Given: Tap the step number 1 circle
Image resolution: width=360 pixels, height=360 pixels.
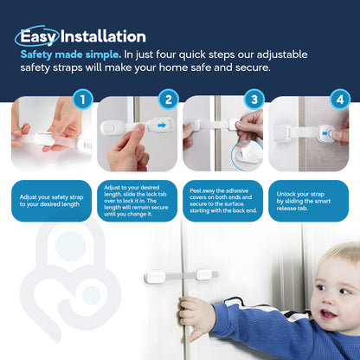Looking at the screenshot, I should coord(82,100).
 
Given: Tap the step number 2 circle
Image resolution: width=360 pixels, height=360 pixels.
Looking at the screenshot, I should coord(170,100).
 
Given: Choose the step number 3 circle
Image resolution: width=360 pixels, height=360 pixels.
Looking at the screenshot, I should coord(254,100).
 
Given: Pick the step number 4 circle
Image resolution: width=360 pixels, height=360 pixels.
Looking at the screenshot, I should coord(339,100).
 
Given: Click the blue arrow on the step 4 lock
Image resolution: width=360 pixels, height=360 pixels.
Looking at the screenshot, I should coord(329,132).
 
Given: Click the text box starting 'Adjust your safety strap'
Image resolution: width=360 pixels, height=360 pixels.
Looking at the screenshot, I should coord(51,201).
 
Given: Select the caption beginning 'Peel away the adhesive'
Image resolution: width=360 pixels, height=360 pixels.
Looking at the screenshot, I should coord(222,201).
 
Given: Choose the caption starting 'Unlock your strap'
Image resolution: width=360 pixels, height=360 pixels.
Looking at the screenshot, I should coord(307,201).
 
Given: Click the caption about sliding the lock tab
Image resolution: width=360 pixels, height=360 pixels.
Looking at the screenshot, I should coord(137,201).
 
